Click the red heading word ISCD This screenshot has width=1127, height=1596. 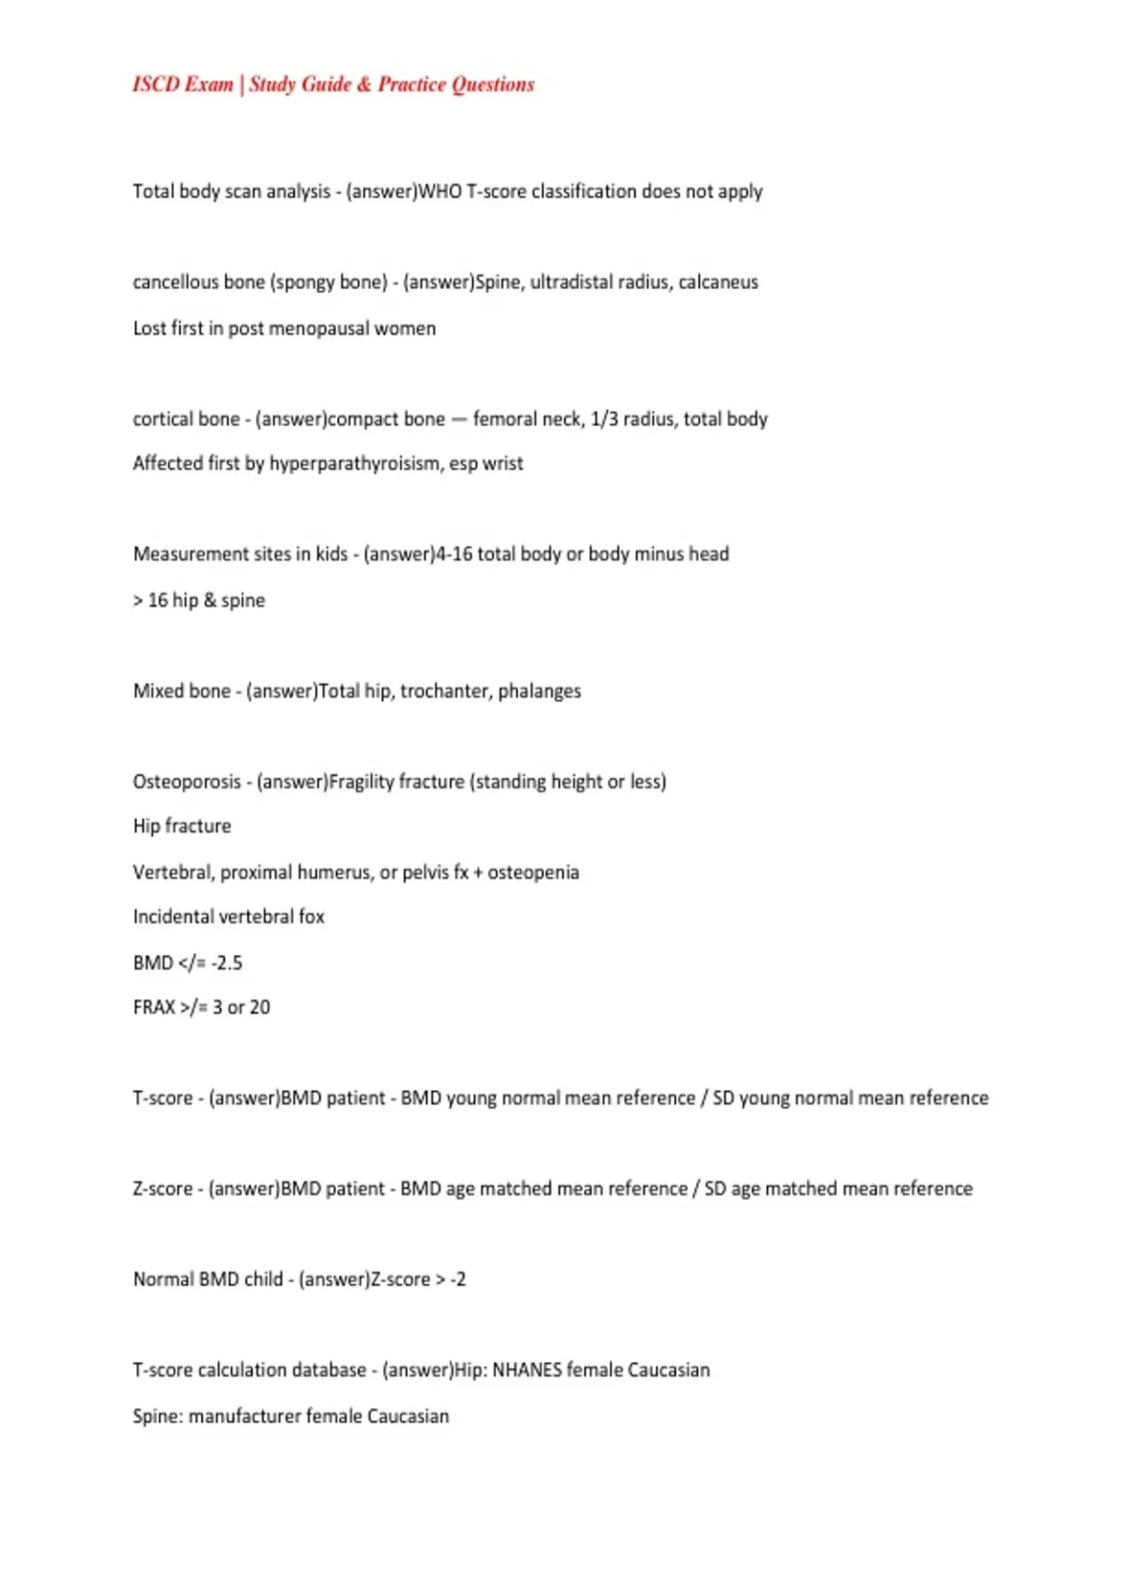click(156, 84)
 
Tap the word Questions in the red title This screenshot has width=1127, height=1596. click(493, 84)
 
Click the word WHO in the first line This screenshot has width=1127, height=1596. click(440, 192)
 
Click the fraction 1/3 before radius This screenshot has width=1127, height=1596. click(603, 419)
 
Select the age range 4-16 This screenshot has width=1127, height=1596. click(454, 554)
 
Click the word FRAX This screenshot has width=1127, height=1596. click(154, 1007)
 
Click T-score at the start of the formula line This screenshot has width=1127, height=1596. click(162, 1098)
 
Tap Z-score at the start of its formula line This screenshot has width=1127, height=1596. click(162, 1189)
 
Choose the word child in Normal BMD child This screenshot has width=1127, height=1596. click(263, 1280)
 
